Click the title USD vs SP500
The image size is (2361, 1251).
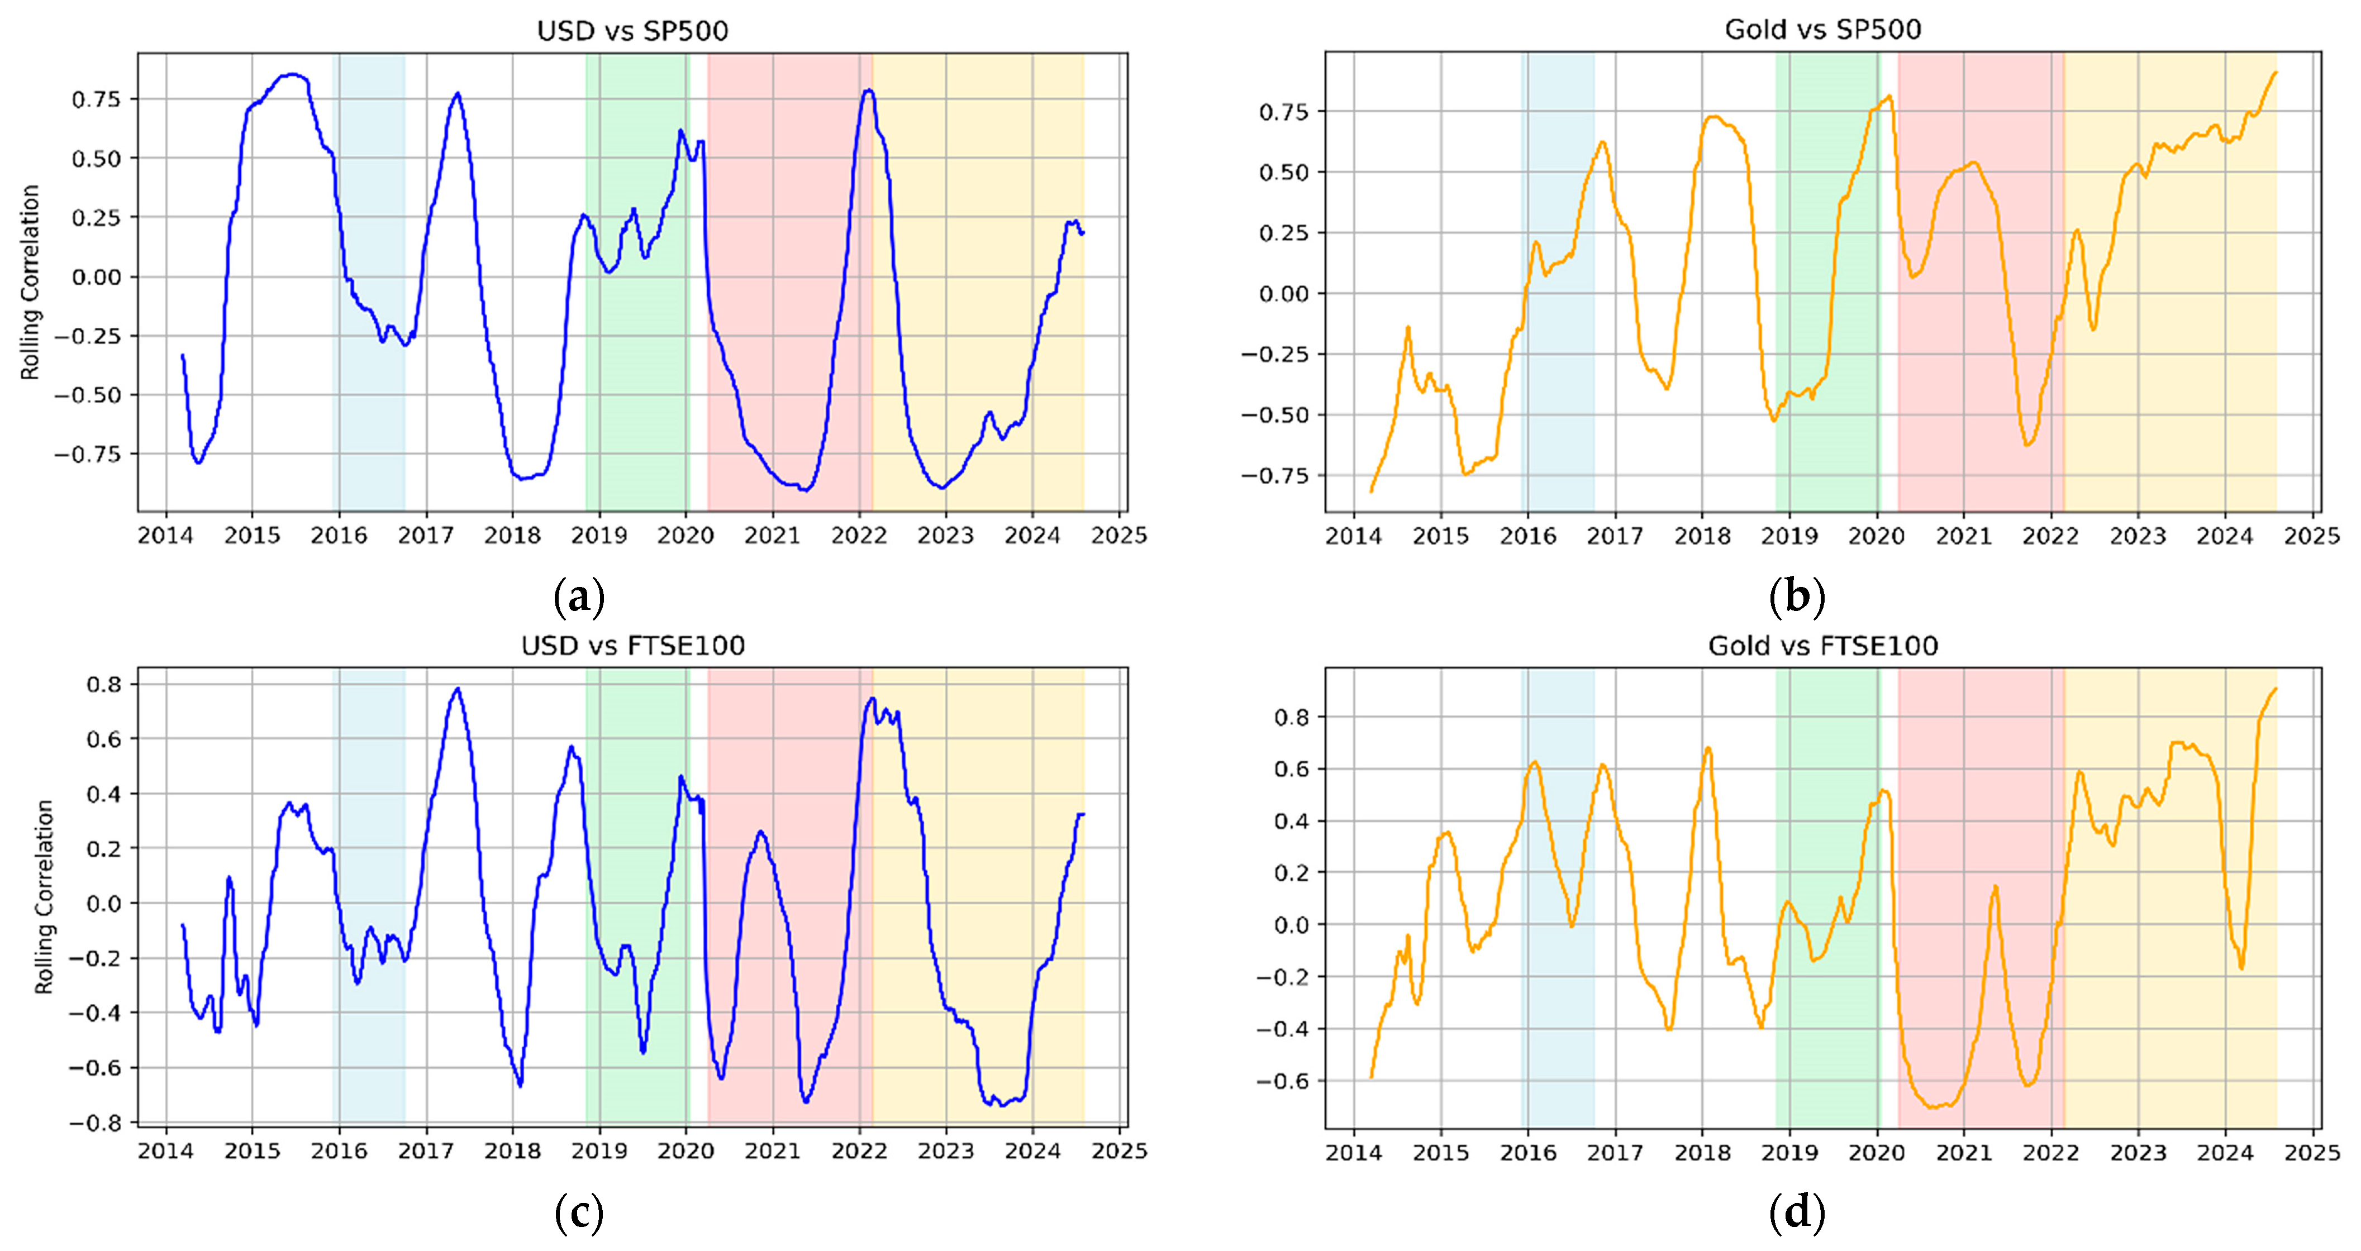[632, 31]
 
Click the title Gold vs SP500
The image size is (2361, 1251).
[1823, 30]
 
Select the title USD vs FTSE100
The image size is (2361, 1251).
[632, 646]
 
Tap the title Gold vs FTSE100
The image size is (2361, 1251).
[1823, 646]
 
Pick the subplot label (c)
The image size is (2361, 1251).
[579, 1214]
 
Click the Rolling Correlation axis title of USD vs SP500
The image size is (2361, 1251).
[31, 282]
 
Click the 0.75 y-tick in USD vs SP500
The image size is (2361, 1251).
[96, 99]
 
